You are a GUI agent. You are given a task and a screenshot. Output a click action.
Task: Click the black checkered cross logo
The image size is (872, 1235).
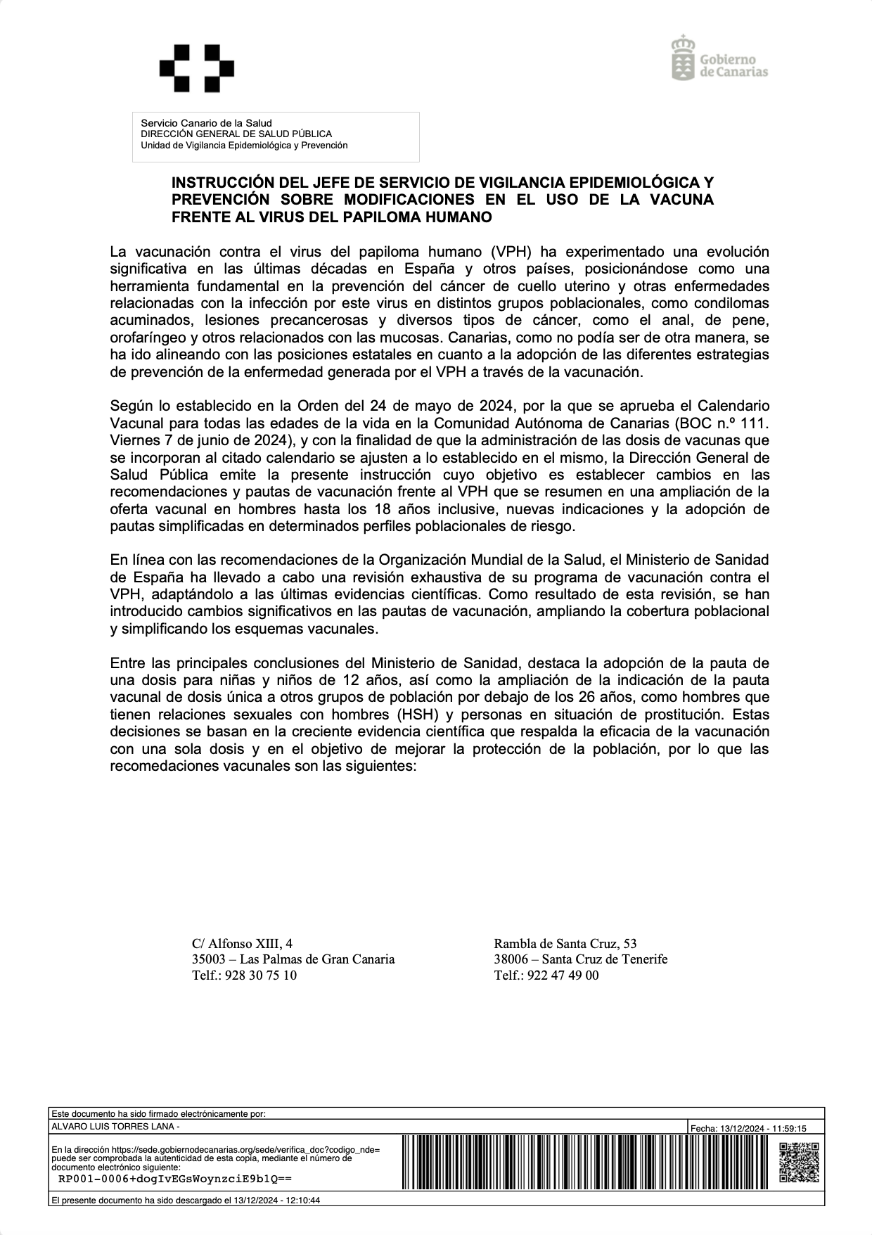[196, 68]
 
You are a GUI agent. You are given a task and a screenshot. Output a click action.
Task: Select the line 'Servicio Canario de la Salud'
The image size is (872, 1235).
[206, 123]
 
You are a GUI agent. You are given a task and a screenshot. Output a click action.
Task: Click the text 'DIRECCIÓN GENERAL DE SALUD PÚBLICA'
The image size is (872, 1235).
[236, 134]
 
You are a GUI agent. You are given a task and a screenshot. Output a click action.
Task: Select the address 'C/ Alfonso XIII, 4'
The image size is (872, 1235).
[243, 943]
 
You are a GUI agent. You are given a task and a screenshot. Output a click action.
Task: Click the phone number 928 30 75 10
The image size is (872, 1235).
[257, 975]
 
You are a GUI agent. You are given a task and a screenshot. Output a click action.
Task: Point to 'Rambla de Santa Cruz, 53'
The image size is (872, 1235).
[565, 943]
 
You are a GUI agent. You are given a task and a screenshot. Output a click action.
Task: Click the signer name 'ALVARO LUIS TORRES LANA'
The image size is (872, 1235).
[113, 1127]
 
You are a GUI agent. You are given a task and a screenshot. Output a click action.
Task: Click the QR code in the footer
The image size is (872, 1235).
[800, 1163]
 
